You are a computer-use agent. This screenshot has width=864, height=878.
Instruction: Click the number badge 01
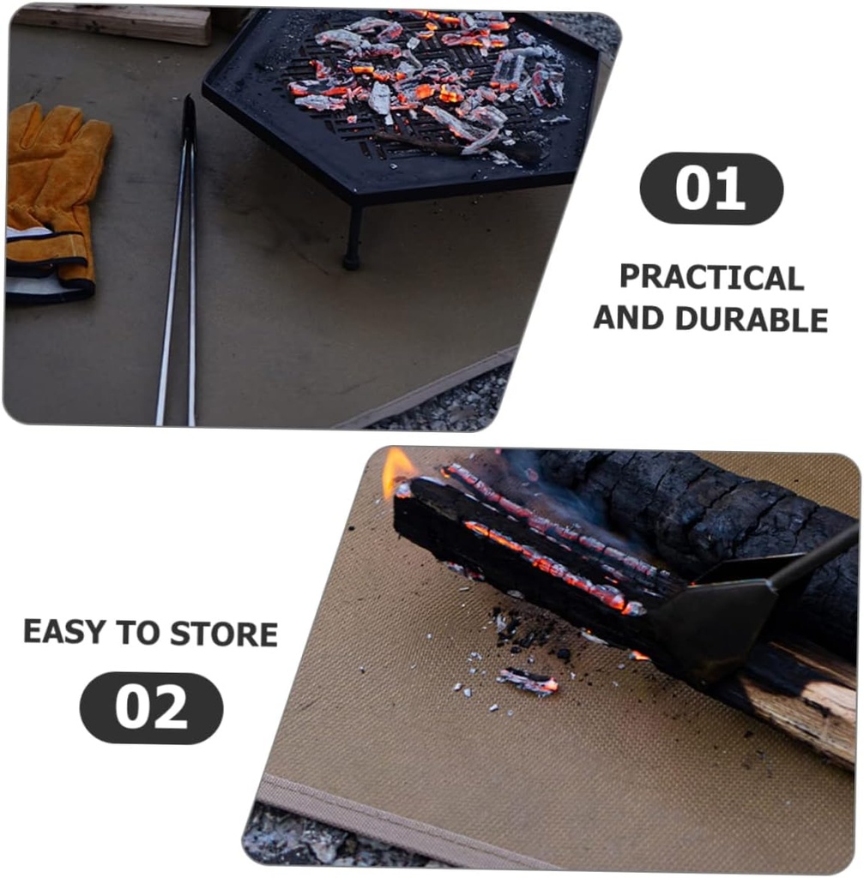[x=711, y=188]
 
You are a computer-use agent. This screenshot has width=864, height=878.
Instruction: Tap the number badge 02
[x=151, y=707]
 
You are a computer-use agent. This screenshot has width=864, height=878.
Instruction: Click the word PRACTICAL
[x=711, y=278]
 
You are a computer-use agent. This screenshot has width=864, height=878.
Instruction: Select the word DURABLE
[x=752, y=319]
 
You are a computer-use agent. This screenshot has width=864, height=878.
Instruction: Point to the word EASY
[x=64, y=633]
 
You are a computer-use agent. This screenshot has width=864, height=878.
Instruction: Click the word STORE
[x=224, y=634]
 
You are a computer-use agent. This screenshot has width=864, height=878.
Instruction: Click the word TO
[x=138, y=634]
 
